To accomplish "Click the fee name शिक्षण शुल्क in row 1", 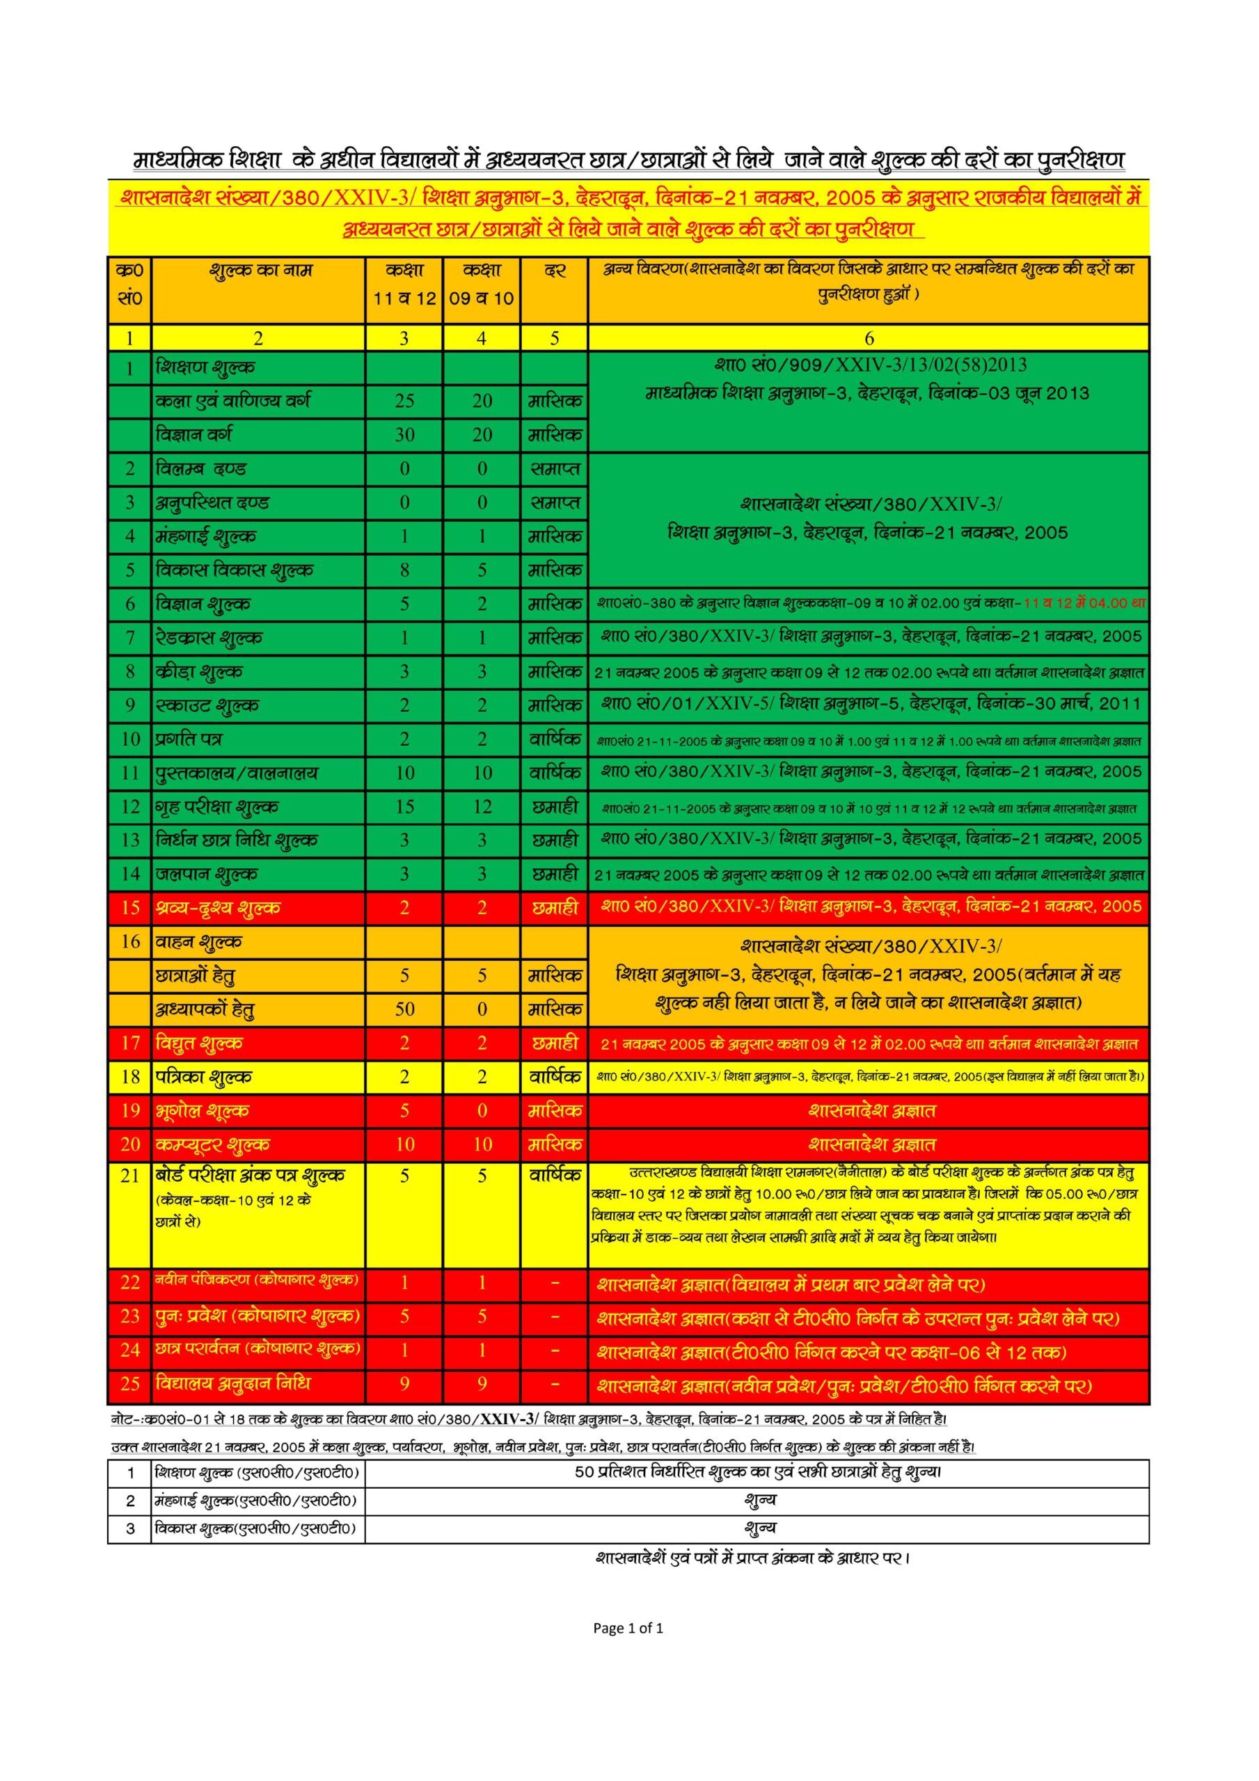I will pos(205,368).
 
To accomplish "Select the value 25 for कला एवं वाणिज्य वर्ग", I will pos(404,401).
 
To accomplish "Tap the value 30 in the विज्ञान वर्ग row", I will pos(404,436).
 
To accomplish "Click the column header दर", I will pos(554,271).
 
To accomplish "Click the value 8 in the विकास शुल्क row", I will pos(404,571).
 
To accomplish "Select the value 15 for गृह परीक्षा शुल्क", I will pos(404,808).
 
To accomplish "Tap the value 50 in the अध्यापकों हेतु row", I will pos(404,1010).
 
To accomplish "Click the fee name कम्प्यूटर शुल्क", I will pos(213,1145).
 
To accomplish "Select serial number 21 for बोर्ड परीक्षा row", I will pos(129,1176).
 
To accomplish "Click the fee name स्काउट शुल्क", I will pos(207,706).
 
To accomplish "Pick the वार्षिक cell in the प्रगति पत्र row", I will pos(554,740).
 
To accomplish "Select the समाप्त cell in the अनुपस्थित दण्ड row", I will pos(554,503).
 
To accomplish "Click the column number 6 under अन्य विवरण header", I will pos(869,338).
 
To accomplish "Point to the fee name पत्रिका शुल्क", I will pos(203,1078).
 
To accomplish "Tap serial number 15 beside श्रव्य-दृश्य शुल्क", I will pos(129,908).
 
